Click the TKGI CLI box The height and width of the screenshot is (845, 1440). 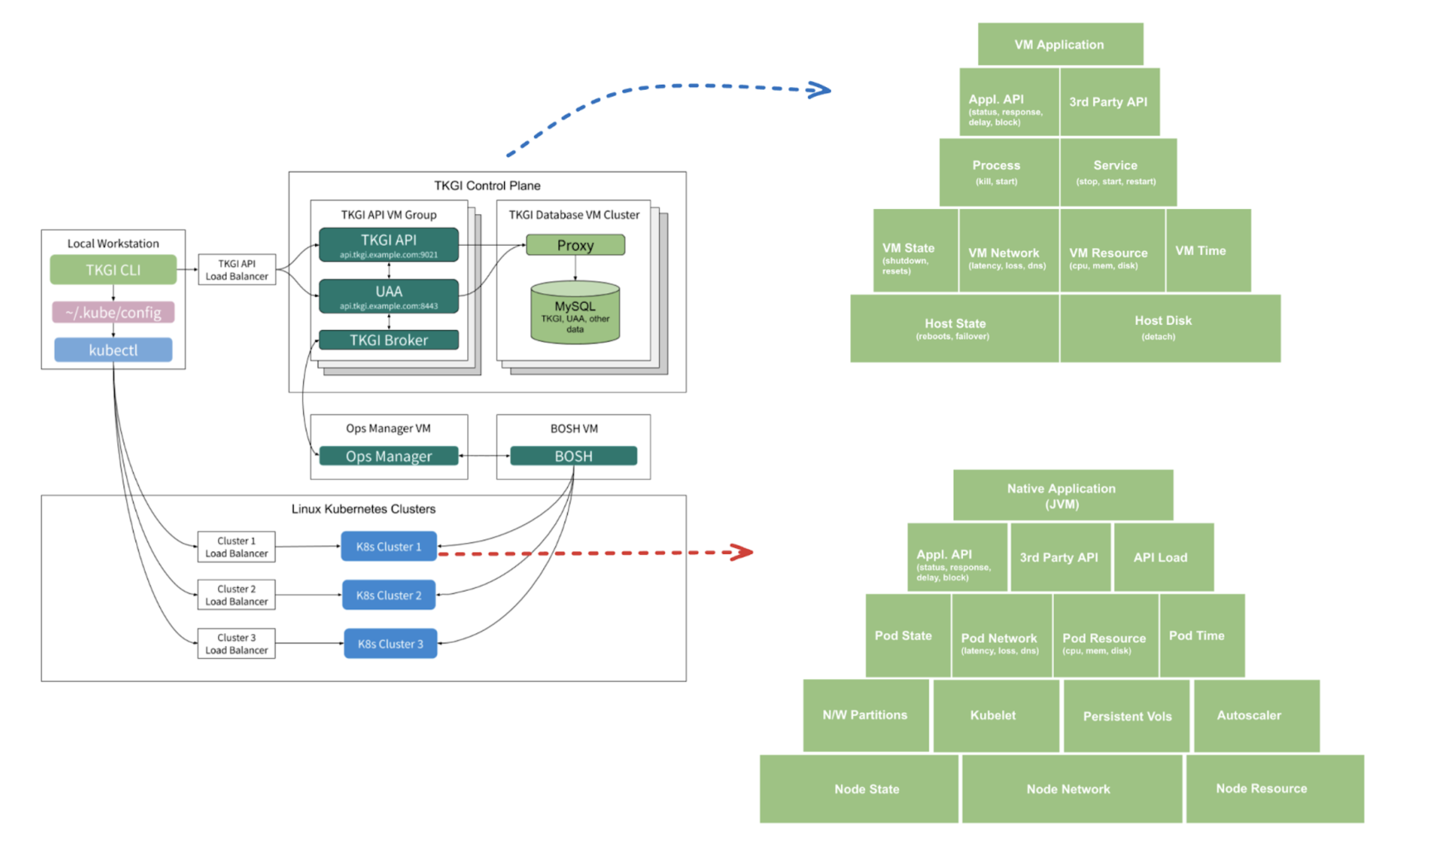(113, 270)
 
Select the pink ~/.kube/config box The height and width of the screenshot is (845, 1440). (113, 312)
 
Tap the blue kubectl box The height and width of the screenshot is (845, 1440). (113, 350)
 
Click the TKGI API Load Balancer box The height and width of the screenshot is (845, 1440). (237, 270)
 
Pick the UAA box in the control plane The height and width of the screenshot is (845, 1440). (388, 296)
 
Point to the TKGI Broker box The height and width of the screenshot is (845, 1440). (388, 340)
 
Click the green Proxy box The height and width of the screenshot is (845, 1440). (575, 245)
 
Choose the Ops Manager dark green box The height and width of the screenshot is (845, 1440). (388, 456)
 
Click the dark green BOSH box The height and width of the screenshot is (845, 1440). (573, 456)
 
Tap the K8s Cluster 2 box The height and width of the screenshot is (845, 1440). (388, 595)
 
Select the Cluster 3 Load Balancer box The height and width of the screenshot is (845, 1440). (237, 644)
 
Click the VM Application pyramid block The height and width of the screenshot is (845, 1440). (1060, 45)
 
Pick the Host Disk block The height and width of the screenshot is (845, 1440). (1169, 328)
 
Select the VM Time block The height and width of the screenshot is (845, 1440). (1208, 251)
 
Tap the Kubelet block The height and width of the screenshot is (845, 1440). (995, 715)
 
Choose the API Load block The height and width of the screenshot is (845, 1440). (1163, 557)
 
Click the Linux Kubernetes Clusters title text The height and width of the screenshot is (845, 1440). (364, 509)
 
